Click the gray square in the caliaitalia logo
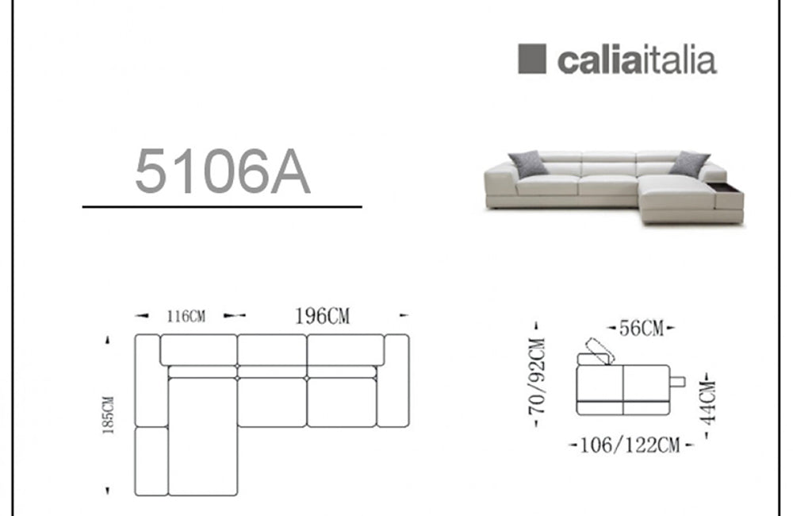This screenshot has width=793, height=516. [532, 59]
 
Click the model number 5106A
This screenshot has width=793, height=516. [223, 171]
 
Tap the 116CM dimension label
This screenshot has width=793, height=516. [186, 317]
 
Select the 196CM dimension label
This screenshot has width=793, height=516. [322, 316]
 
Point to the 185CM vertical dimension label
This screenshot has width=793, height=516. [108, 414]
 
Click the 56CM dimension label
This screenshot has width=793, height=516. [642, 328]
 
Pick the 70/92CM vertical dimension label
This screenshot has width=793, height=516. [537, 375]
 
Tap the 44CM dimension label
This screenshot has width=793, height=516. [709, 402]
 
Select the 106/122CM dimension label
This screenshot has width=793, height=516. [630, 445]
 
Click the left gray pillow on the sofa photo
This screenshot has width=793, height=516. [527, 164]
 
